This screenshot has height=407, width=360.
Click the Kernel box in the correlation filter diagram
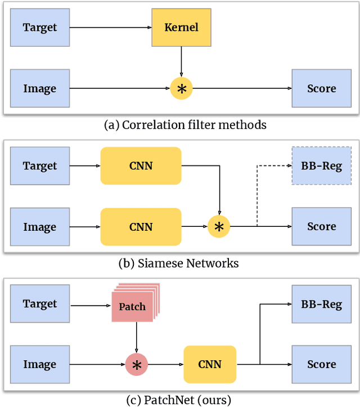tap(181, 27)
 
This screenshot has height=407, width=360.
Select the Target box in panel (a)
tap(39, 27)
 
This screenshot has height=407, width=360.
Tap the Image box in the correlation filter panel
tap(39, 88)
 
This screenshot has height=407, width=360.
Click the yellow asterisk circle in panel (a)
tap(181, 88)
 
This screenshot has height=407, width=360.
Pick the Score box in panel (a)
tap(321, 88)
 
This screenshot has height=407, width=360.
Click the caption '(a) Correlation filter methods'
tap(185, 125)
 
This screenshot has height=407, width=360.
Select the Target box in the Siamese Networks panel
tap(39, 166)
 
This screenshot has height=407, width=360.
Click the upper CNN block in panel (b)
tap(141, 166)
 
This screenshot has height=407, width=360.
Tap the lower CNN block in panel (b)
tap(141, 227)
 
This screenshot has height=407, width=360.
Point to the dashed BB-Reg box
tap(321, 166)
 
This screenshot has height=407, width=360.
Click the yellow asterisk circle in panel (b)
tap(219, 227)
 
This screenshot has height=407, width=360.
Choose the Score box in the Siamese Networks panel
tap(321, 227)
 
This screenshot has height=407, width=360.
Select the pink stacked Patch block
tap(133, 306)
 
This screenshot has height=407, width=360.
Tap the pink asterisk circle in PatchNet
tap(136, 365)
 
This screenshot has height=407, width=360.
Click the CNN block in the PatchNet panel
tap(210, 365)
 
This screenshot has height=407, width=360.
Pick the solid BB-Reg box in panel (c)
tap(321, 304)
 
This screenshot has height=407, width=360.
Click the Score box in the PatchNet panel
tap(321, 365)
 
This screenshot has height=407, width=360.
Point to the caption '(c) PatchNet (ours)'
tap(179, 400)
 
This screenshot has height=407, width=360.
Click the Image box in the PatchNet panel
tap(39, 365)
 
